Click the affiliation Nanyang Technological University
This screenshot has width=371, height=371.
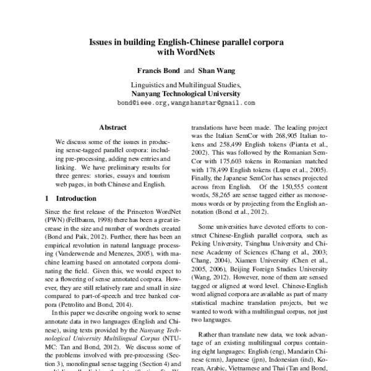185,94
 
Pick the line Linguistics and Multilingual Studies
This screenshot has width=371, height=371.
185,85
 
